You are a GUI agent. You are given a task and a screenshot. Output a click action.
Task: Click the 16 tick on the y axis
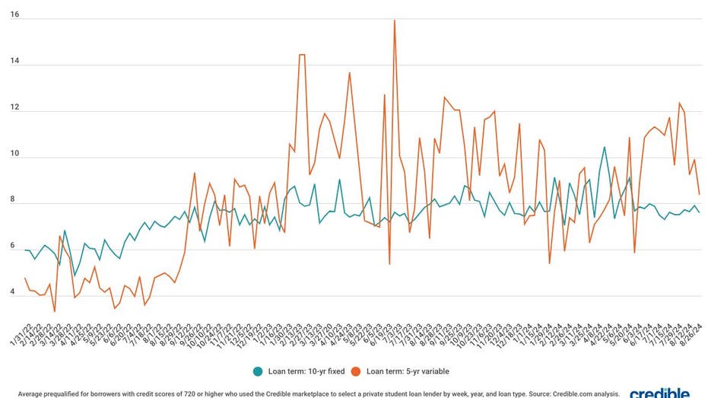pyautogui.click(x=14, y=15)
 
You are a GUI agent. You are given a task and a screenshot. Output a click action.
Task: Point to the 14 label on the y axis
pyautogui.click(x=14, y=62)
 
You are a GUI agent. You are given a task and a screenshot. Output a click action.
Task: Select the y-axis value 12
pyautogui.click(x=14, y=108)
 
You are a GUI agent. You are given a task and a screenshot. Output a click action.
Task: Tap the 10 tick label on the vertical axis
pyautogui.click(x=14, y=154)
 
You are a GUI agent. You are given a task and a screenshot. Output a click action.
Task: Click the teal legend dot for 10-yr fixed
pyautogui.click(x=259, y=371)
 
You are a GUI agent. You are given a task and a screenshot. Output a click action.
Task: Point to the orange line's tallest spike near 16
pyautogui.click(x=395, y=21)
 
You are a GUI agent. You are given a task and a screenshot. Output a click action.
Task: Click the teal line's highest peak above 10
pyautogui.click(x=605, y=147)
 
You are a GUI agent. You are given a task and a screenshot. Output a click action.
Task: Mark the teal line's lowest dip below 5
pyautogui.click(x=75, y=275)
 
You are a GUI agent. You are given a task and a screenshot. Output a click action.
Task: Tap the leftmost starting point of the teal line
pyautogui.click(x=25, y=250)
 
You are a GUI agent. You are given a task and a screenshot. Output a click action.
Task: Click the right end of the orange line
pyautogui.click(x=699, y=194)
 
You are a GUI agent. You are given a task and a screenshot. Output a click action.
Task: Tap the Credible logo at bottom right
pyautogui.click(x=660, y=393)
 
